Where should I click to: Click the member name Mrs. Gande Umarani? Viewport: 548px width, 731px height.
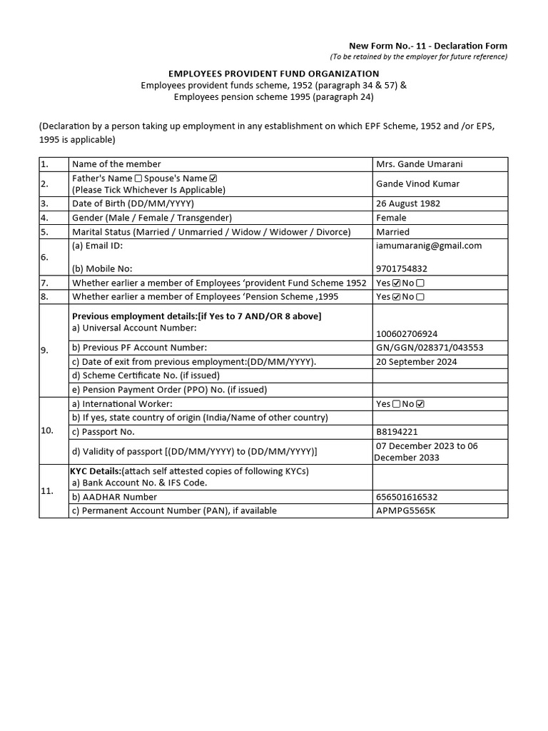pyautogui.click(x=419, y=164)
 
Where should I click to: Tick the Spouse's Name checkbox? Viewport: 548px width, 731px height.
pyautogui.click(x=213, y=178)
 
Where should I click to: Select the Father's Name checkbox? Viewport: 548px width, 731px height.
pyautogui.click(x=138, y=178)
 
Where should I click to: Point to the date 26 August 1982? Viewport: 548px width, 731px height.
pyautogui.click(x=408, y=203)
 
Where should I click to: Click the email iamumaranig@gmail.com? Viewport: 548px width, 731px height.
pyautogui.click(x=429, y=246)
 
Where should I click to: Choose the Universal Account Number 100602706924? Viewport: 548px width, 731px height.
pyautogui.click(x=407, y=333)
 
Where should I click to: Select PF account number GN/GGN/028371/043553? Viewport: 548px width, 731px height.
pyautogui.click(x=430, y=348)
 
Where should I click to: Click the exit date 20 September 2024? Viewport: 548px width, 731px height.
pyautogui.click(x=417, y=362)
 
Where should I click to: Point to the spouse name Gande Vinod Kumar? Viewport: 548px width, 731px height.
pyautogui.click(x=418, y=184)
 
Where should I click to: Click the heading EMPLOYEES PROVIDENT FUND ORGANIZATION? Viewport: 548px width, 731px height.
pyautogui.click(x=273, y=74)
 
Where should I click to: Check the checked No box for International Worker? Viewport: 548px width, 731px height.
pyautogui.click(x=420, y=404)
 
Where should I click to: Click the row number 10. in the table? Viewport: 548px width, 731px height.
pyautogui.click(x=48, y=431)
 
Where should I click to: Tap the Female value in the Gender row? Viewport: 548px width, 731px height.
pyautogui.click(x=391, y=218)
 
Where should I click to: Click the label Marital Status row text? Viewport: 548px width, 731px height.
pyautogui.click(x=211, y=232)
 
